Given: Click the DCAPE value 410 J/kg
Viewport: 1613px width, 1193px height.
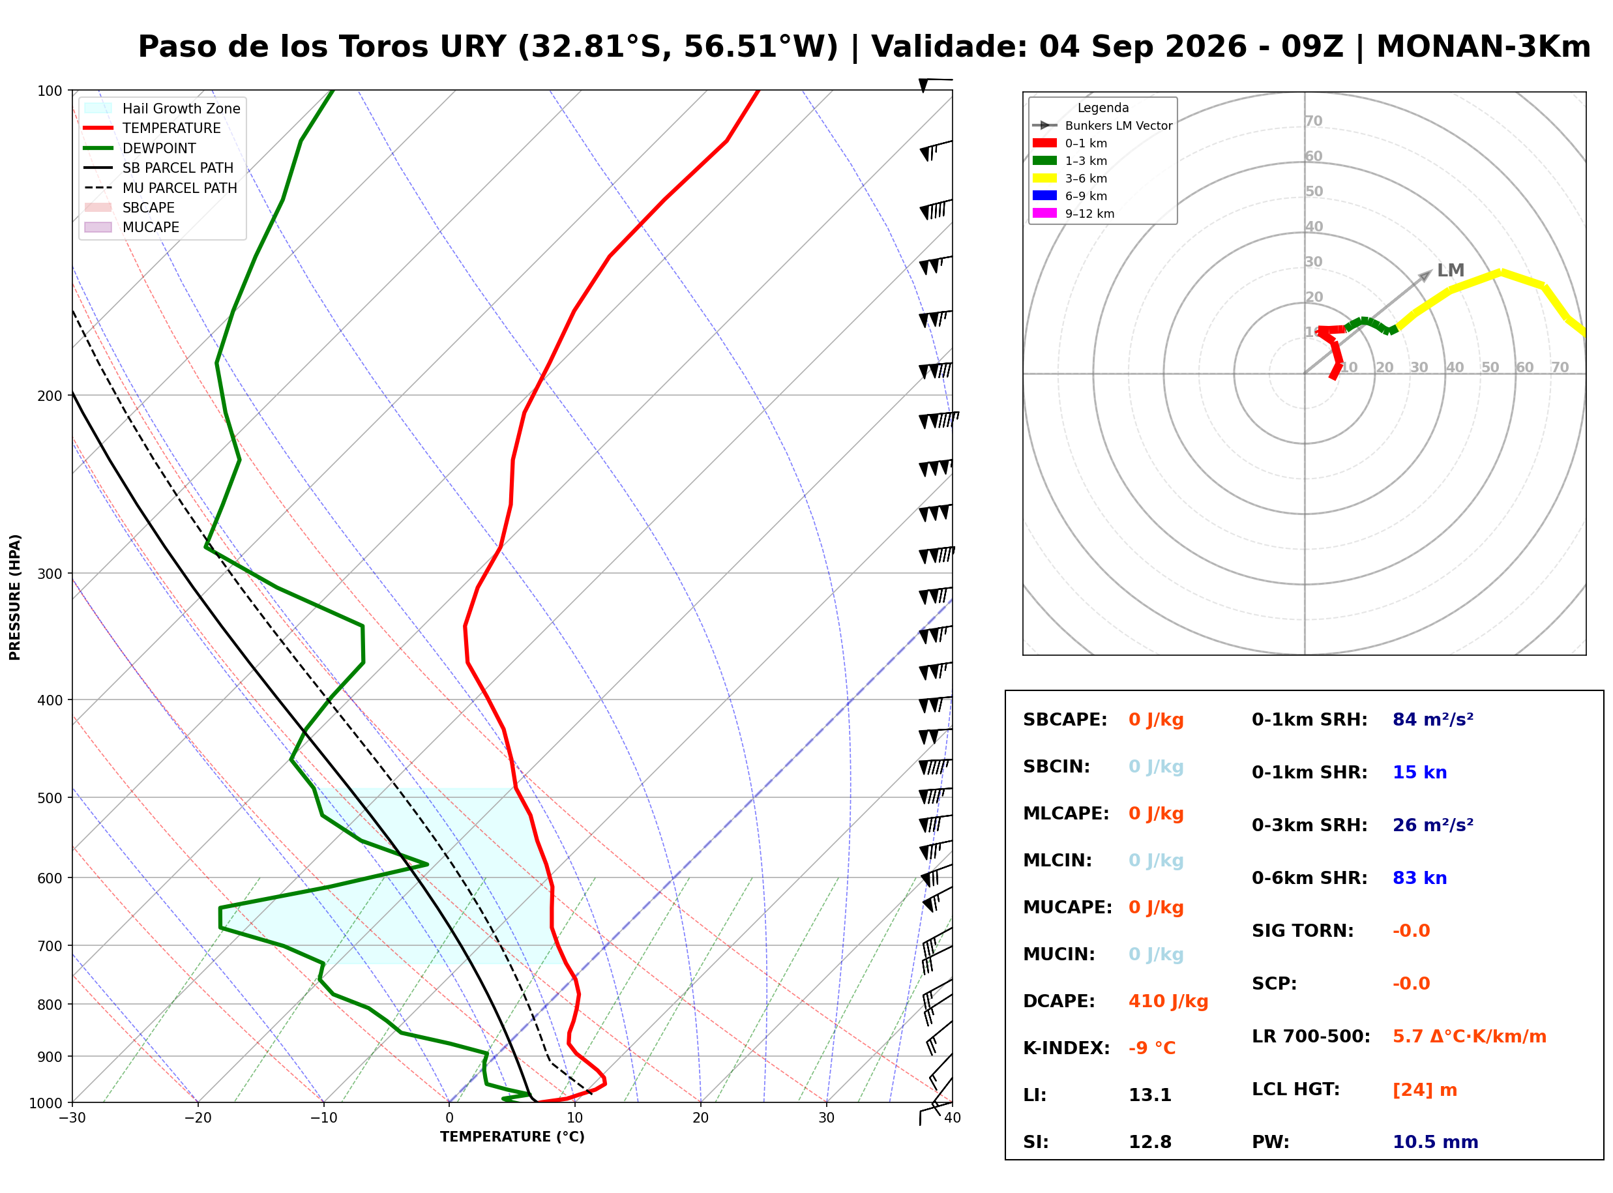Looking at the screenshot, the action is [x=1168, y=1001].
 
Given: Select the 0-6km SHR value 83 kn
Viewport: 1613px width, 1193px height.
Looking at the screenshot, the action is [x=1419, y=877].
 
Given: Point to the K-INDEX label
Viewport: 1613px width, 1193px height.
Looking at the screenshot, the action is [x=1066, y=1048].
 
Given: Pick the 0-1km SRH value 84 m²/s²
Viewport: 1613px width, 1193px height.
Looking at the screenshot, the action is [x=1432, y=719].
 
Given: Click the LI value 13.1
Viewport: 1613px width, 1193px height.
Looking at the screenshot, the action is [x=1149, y=1095].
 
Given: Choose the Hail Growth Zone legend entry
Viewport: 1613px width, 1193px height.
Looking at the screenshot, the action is [x=162, y=108].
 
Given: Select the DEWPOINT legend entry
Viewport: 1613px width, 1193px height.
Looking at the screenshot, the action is [x=140, y=148].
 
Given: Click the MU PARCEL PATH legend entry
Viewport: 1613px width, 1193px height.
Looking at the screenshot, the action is [x=160, y=188].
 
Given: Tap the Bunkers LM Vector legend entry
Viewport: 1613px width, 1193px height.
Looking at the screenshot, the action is [x=1102, y=126].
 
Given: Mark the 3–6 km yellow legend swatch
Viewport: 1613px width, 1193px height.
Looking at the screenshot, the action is [x=1044, y=178].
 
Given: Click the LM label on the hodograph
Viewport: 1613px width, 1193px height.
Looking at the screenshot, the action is [x=1450, y=270].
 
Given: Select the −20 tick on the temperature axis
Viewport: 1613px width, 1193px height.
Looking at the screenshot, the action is [x=197, y=1118].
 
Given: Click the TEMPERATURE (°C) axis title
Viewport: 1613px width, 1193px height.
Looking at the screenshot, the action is [x=512, y=1137].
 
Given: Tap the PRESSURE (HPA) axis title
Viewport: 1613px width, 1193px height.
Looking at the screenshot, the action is [x=14, y=597].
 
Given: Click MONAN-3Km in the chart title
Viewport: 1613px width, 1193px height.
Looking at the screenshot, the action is [x=1483, y=47].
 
